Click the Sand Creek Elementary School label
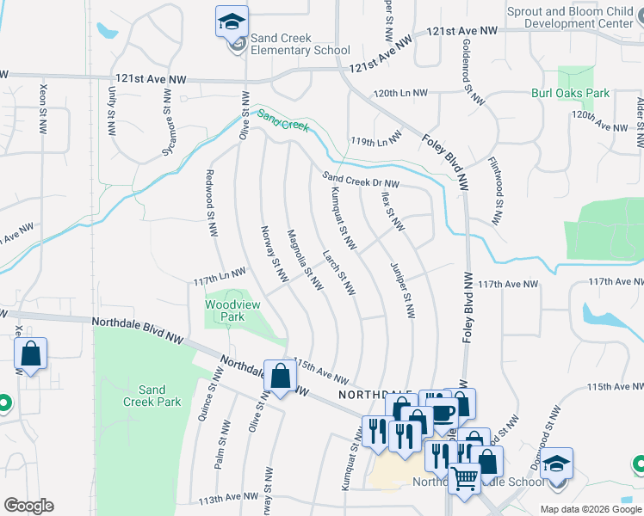tap(300, 45)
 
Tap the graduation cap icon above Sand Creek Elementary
tap(232, 21)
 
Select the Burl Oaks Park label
tap(570, 93)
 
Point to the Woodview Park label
tap(225, 310)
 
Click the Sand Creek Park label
tap(152, 396)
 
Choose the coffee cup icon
tap(442, 413)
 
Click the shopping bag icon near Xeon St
tap(30, 354)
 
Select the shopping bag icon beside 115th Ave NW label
tap(280, 375)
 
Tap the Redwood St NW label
tap(208, 203)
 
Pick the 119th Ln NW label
tap(375, 139)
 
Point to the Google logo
tap(28, 506)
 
